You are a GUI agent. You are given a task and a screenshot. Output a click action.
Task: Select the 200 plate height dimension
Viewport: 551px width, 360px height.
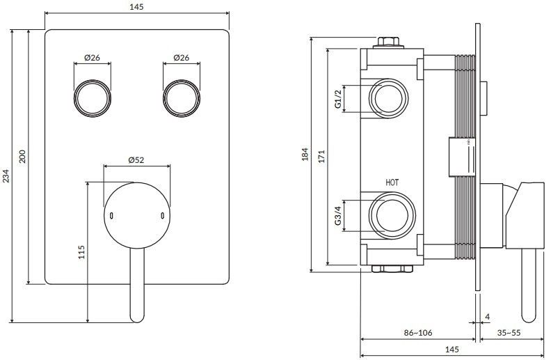pyautogui.click(x=23, y=156)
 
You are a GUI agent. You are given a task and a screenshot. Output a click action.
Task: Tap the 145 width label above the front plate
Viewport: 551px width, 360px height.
pyautogui.click(x=136, y=6)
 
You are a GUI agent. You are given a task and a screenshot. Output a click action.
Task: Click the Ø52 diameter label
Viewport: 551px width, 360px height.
pyautogui.click(x=136, y=159)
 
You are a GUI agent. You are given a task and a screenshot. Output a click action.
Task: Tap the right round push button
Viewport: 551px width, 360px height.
pyautogui.click(x=181, y=97)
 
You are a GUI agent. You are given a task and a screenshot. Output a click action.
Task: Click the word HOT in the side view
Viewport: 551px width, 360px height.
pyautogui.click(x=392, y=182)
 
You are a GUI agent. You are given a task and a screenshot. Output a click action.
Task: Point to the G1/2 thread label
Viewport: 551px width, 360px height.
pyautogui.click(x=338, y=99)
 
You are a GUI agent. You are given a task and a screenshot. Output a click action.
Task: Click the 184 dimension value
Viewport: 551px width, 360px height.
pyautogui.click(x=305, y=154)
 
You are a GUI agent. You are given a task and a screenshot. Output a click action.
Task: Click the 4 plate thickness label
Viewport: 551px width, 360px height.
pyautogui.click(x=487, y=317)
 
